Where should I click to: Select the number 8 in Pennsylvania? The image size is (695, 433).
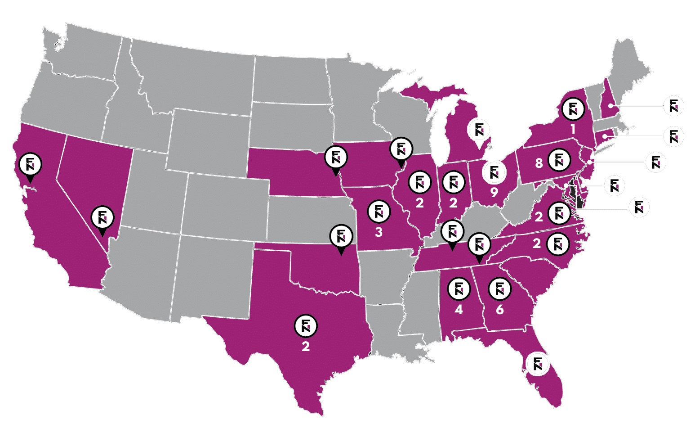539,163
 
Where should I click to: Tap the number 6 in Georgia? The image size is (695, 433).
499,310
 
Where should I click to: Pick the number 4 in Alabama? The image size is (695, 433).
459,310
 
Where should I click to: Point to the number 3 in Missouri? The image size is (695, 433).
379,232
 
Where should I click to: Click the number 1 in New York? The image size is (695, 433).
573,129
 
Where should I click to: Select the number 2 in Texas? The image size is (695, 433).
306,347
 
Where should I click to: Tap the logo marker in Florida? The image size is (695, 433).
538,364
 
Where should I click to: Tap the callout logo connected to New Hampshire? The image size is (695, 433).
673,106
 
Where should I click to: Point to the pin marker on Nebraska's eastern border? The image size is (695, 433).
335,158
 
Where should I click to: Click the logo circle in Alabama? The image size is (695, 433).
459,289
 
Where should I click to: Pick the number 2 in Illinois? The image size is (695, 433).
419,203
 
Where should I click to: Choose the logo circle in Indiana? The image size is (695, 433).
453,182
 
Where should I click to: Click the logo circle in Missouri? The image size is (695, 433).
379,212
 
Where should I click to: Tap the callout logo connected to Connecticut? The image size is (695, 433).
673,136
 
